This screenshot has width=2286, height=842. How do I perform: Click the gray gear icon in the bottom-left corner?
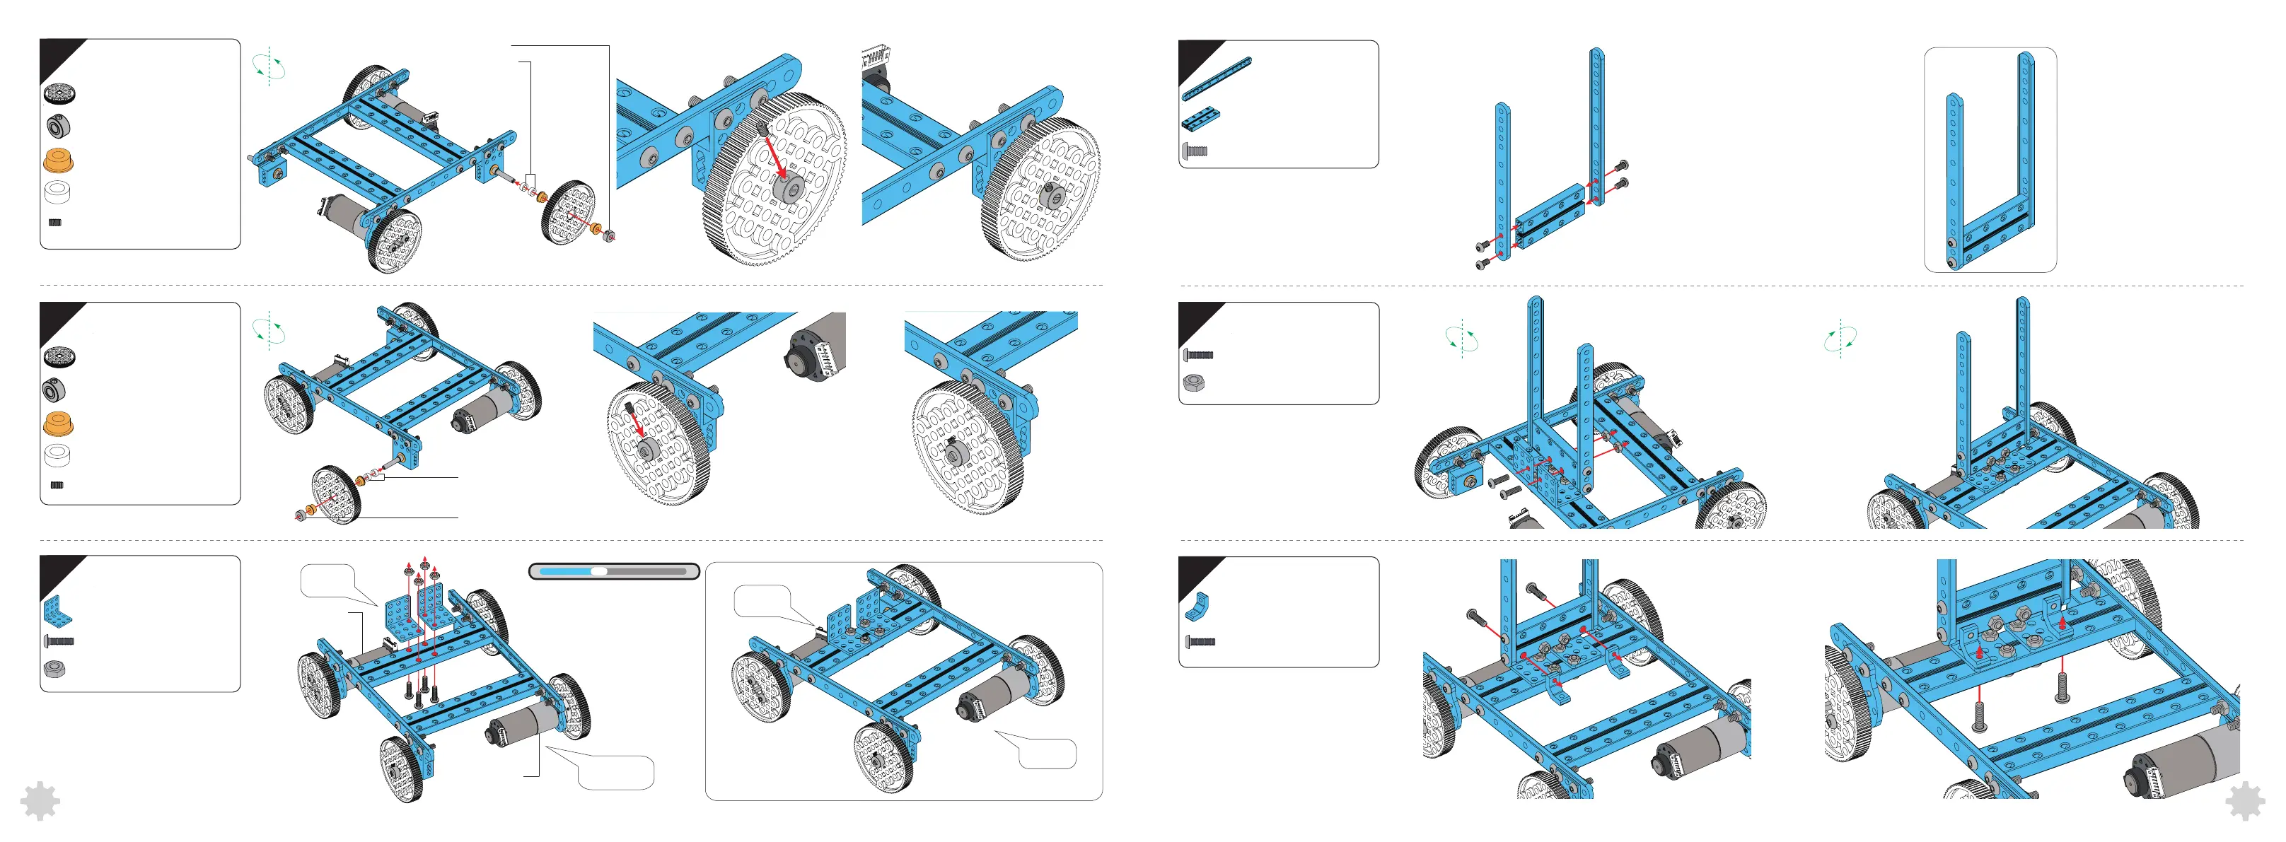39,801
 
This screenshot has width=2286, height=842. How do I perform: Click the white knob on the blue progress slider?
599,571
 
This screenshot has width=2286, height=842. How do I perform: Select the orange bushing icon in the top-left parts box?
59,160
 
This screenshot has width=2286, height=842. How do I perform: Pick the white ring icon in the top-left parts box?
59,191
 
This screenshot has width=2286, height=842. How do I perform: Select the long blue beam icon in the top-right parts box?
1216,78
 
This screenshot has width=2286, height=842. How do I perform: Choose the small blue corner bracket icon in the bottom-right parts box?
1196,605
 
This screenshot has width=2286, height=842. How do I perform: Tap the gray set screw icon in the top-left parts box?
55,223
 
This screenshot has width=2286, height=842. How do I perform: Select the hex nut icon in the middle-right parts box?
1194,382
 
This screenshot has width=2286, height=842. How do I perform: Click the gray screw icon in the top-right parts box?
1195,152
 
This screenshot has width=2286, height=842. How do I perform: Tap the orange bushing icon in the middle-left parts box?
59,423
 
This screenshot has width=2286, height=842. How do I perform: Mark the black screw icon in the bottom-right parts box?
1200,641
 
